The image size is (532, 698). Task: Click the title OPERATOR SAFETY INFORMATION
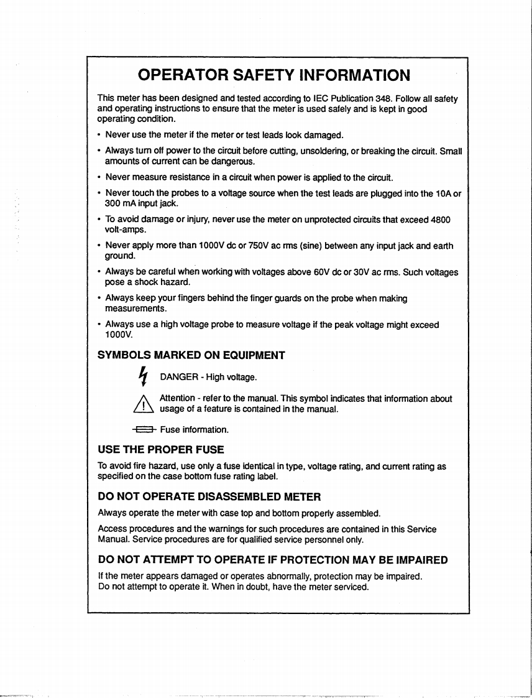tap(274, 75)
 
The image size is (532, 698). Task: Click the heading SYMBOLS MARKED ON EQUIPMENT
tap(191, 355)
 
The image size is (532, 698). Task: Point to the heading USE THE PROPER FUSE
tap(161, 449)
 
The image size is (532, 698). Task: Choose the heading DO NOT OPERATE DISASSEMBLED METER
tap(209, 496)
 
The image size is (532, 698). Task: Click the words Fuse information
tap(195, 429)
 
